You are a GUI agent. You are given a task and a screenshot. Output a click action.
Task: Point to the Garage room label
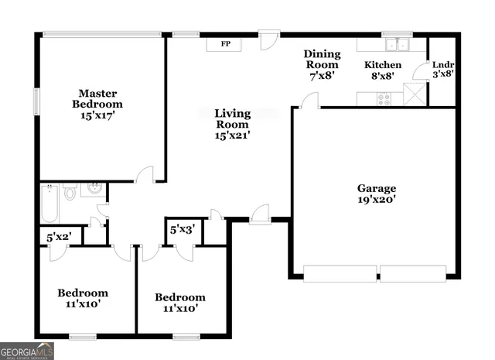click(x=377, y=188)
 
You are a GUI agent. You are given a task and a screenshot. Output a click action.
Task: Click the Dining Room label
click(x=321, y=59)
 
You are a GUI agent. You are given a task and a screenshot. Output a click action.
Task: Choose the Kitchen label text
click(x=383, y=65)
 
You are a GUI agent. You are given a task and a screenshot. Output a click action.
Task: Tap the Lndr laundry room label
click(x=442, y=65)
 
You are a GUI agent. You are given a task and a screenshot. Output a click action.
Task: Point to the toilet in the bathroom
click(x=70, y=192)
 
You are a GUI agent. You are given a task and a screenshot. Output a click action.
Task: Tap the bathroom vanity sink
click(x=94, y=189)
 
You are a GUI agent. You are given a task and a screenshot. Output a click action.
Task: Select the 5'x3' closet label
click(x=183, y=229)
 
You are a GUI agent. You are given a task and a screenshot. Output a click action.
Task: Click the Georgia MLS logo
click(x=27, y=351)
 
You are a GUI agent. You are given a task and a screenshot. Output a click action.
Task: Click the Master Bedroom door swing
click(x=144, y=176)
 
